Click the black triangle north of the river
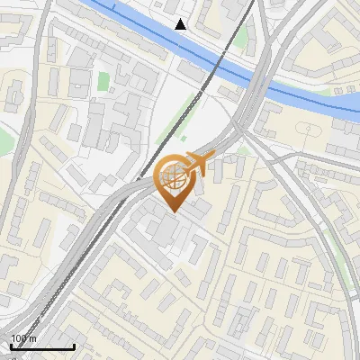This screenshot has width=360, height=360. [x=181, y=24]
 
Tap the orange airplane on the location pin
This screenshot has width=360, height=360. [x=197, y=164]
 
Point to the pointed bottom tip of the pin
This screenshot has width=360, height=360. [x=173, y=212]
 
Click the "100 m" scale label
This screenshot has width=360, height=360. [x=23, y=337]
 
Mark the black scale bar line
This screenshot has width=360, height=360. [x=41, y=346]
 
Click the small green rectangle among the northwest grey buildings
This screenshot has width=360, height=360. [x=103, y=81]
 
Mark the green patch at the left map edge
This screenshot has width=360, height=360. [x=5, y=139]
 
